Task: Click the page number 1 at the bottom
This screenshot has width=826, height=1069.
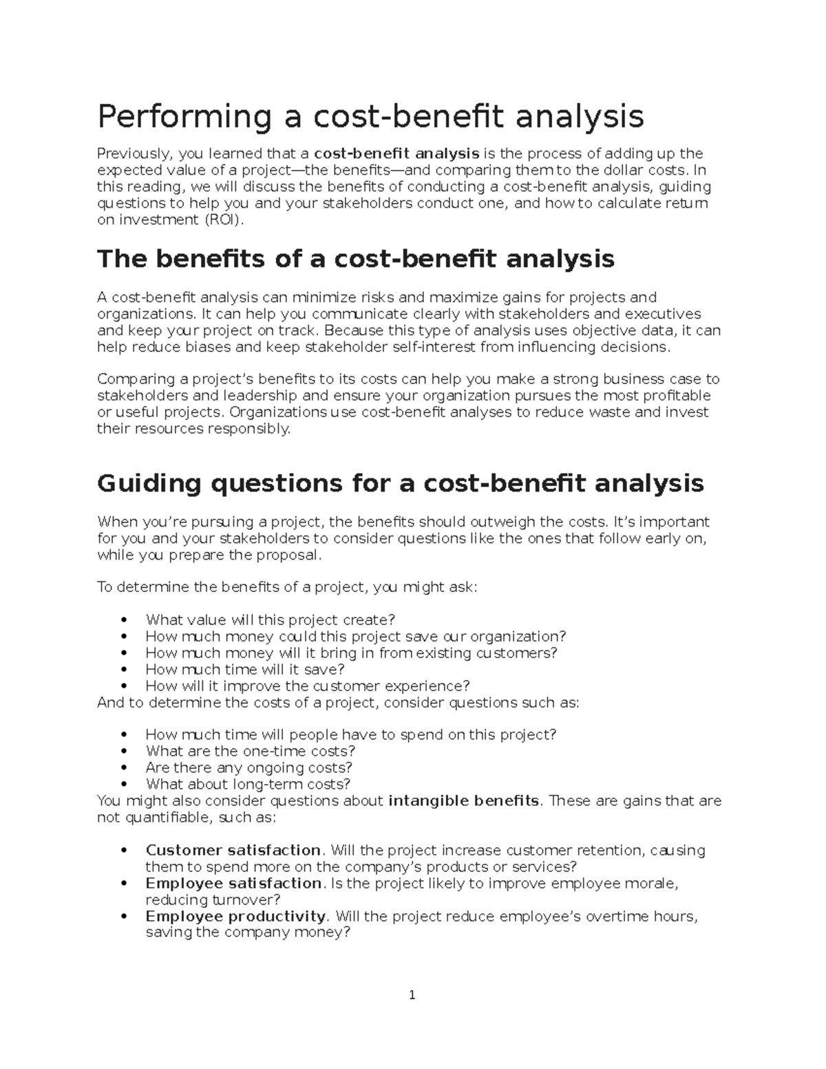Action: coord(412,995)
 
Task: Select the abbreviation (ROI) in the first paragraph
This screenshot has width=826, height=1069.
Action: coord(223,220)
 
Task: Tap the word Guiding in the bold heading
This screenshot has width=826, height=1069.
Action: coord(149,483)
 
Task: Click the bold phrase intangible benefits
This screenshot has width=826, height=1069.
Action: coord(464,801)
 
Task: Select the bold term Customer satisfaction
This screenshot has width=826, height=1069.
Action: coord(233,851)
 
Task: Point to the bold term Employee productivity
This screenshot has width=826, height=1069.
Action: coord(235,917)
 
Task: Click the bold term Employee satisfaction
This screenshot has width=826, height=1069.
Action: coord(233,884)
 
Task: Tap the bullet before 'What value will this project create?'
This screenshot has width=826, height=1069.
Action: coord(123,621)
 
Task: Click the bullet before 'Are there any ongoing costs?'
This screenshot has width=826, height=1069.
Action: coord(123,768)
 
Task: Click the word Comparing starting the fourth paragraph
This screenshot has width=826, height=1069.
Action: coord(136,379)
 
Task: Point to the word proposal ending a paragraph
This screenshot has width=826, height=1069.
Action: coord(292,555)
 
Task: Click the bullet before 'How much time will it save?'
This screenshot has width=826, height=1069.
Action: coord(123,670)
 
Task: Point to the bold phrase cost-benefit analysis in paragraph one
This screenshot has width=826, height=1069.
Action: coord(396,154)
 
